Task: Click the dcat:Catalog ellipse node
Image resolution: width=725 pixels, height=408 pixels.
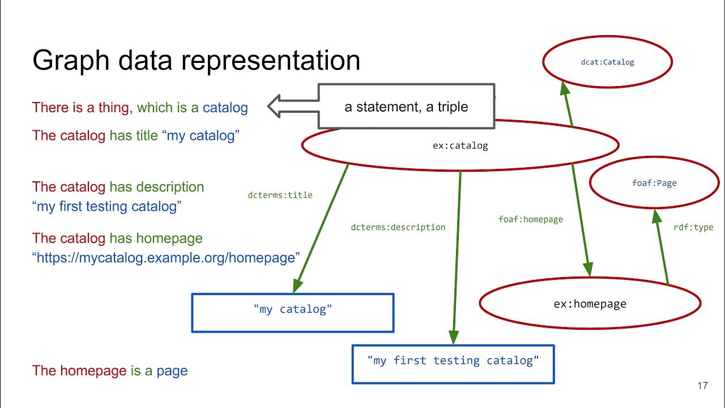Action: [x=607, y=62]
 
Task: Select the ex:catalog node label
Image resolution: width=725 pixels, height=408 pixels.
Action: [x=460, y=146]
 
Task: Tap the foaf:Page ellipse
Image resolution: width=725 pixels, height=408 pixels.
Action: [x=654, y=183]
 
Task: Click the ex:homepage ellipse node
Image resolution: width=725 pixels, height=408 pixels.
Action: [x=590, y=304]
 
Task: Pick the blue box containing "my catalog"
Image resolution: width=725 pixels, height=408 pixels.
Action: [x=292, y=312]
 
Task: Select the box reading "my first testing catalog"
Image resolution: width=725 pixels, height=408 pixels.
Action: [x=453, y=364]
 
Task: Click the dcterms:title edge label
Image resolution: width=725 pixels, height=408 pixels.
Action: [x=280, y=195]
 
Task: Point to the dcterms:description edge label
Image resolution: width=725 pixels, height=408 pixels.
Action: [x=398, y=227]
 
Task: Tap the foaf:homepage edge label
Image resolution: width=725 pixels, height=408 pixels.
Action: [x=530, y=219]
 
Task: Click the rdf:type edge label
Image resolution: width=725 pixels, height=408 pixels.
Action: [x=693, y=227]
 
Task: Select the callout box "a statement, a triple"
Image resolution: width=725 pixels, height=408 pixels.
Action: [x=406, y=107]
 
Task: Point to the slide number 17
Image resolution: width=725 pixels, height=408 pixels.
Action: [x=702, y=386]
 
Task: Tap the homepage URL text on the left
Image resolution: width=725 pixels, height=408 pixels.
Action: [x=166, y=258]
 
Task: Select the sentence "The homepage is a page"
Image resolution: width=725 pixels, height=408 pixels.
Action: [x=110, y=371]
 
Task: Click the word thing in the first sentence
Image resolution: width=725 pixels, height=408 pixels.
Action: [x=114, y=107]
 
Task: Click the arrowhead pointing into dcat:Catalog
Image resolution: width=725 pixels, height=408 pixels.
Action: [x=564, y=88]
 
